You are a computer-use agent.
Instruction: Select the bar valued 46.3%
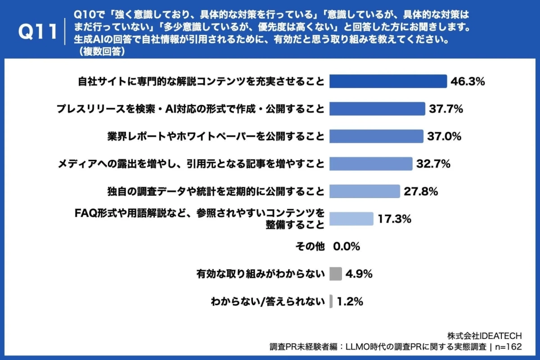(388, 81)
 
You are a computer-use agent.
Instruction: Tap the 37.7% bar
(377, 109)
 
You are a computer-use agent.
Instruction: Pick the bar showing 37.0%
(376, 136)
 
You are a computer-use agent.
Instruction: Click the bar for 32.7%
(371, 164)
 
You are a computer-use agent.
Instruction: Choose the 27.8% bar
(364, 191)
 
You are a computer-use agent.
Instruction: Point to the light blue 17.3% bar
(351, 219)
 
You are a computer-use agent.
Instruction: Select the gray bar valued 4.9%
(336, 274)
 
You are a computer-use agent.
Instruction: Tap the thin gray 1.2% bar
(331, 301)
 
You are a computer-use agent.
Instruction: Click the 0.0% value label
(346, 247)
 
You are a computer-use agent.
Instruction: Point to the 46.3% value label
(468, 82)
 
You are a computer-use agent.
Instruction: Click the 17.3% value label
(395, 219)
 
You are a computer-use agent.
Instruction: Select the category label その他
(310, 247)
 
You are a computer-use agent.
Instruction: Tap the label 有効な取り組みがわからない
(260, 274)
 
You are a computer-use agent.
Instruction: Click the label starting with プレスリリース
(190, 109)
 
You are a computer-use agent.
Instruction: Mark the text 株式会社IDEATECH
(484, 336)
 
